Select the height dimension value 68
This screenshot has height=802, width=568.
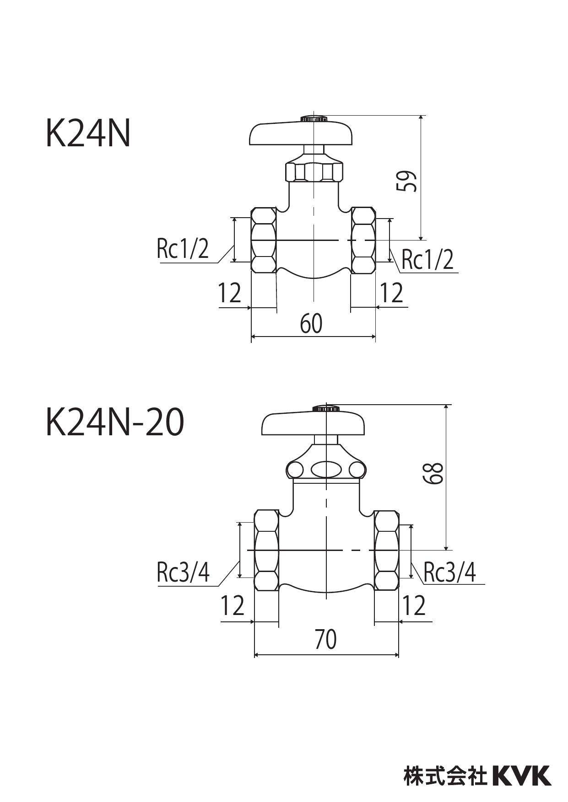433,473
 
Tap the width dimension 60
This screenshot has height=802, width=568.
311,324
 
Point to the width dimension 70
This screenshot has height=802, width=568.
325,640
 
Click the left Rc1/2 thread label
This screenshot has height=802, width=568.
182,249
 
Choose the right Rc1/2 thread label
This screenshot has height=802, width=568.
427,260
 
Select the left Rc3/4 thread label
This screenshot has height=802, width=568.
183,572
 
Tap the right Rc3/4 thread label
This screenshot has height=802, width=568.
449,572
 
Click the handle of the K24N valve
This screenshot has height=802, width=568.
302,134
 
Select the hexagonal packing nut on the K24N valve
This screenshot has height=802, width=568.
314,171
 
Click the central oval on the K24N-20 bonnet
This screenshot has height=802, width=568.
325,470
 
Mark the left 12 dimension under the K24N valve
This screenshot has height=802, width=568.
229,293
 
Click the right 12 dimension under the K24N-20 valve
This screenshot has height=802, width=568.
414,606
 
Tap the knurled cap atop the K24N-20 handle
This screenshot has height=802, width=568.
325,408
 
